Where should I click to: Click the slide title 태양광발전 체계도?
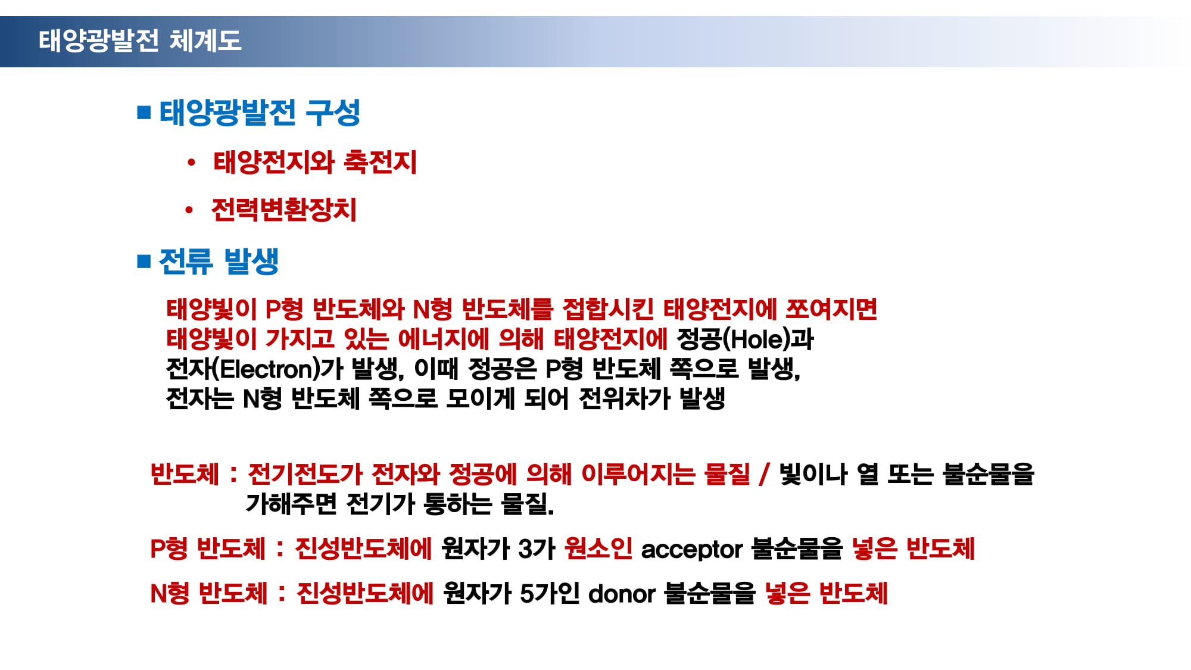[140, 40]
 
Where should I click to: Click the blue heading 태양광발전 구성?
[260, 112]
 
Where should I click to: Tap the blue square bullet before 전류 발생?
[144, 261]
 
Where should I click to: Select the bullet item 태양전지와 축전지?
[315, 162]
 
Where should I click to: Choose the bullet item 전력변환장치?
[284, 210]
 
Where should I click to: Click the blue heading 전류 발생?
[219, 261]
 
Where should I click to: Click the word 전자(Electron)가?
[255, 369]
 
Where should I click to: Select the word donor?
[622, 594]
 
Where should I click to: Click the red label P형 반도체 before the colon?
[208, 549]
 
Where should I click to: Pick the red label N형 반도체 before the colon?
[209, 594]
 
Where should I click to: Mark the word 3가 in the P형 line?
[537, 549]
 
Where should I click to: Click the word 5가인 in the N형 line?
[550, 594]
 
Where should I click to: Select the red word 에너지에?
[443, 339]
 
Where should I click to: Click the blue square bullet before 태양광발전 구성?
[144, 112]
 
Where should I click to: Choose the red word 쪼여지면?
[831, 309]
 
